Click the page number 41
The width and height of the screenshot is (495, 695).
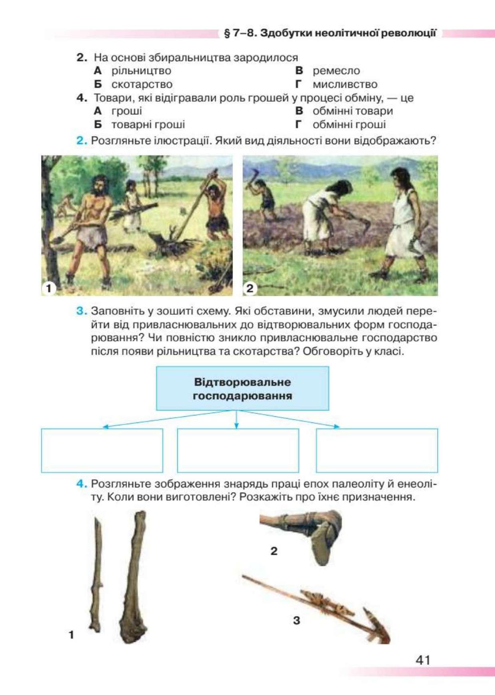423,660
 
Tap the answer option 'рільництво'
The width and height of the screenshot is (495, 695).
141,71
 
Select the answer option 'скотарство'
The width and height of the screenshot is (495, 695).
142,84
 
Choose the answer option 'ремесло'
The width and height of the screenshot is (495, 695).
336,71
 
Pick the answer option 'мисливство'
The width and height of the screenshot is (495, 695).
345,84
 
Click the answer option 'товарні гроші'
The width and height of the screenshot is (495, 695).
148,125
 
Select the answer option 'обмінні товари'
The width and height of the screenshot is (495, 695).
352,111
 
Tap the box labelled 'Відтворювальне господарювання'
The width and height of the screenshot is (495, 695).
242,388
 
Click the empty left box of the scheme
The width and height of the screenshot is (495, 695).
102,450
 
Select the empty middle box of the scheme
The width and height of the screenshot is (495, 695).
238,450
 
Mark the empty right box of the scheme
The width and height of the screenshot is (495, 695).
377,450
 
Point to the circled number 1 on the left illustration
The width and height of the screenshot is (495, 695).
49,288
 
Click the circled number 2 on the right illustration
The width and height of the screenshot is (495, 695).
250,288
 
